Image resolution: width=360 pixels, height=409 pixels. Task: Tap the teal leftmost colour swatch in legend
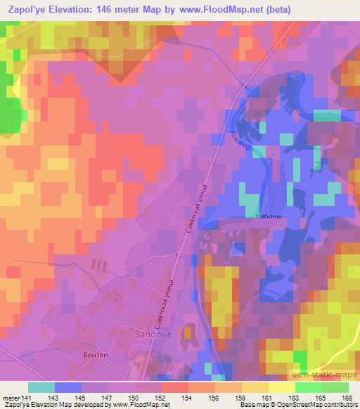(41, 387)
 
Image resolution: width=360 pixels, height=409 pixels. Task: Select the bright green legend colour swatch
(308, 387)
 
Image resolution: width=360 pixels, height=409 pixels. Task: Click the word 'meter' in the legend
(11, 397)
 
